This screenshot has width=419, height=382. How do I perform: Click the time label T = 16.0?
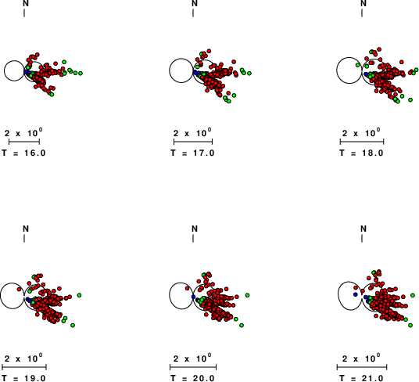(23, 153)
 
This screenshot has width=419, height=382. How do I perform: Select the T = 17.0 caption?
(192, 153)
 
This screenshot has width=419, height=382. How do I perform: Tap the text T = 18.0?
(362, 153)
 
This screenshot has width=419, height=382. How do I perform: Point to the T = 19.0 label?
(23, 378)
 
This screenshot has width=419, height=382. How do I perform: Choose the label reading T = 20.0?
(192, 378)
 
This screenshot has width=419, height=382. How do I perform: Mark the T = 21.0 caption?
(362, 378)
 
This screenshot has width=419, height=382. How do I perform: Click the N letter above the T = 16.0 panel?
(26, 3)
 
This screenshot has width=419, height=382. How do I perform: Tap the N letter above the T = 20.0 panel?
(195, 229)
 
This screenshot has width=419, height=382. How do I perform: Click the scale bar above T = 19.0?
(24, 367)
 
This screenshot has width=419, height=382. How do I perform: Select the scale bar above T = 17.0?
(193, 142)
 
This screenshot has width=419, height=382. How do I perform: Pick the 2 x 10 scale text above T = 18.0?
(361, 132)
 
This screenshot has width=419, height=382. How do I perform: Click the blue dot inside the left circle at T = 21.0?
(355, 294)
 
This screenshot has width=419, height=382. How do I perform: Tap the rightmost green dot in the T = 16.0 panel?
(81, 73)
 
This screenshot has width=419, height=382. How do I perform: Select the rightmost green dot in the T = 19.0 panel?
(79, 295)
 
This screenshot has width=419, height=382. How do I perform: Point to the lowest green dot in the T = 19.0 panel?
(73, 326)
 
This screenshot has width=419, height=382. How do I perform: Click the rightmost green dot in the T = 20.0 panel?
(247, 295)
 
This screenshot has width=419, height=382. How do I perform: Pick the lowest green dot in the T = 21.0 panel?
(410, 326)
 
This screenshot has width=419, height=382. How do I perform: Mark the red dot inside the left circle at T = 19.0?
(19, 289)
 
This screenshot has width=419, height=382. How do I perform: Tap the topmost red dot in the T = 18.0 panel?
(379, 49)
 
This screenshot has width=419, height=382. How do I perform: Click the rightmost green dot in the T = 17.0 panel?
(249, 73)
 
